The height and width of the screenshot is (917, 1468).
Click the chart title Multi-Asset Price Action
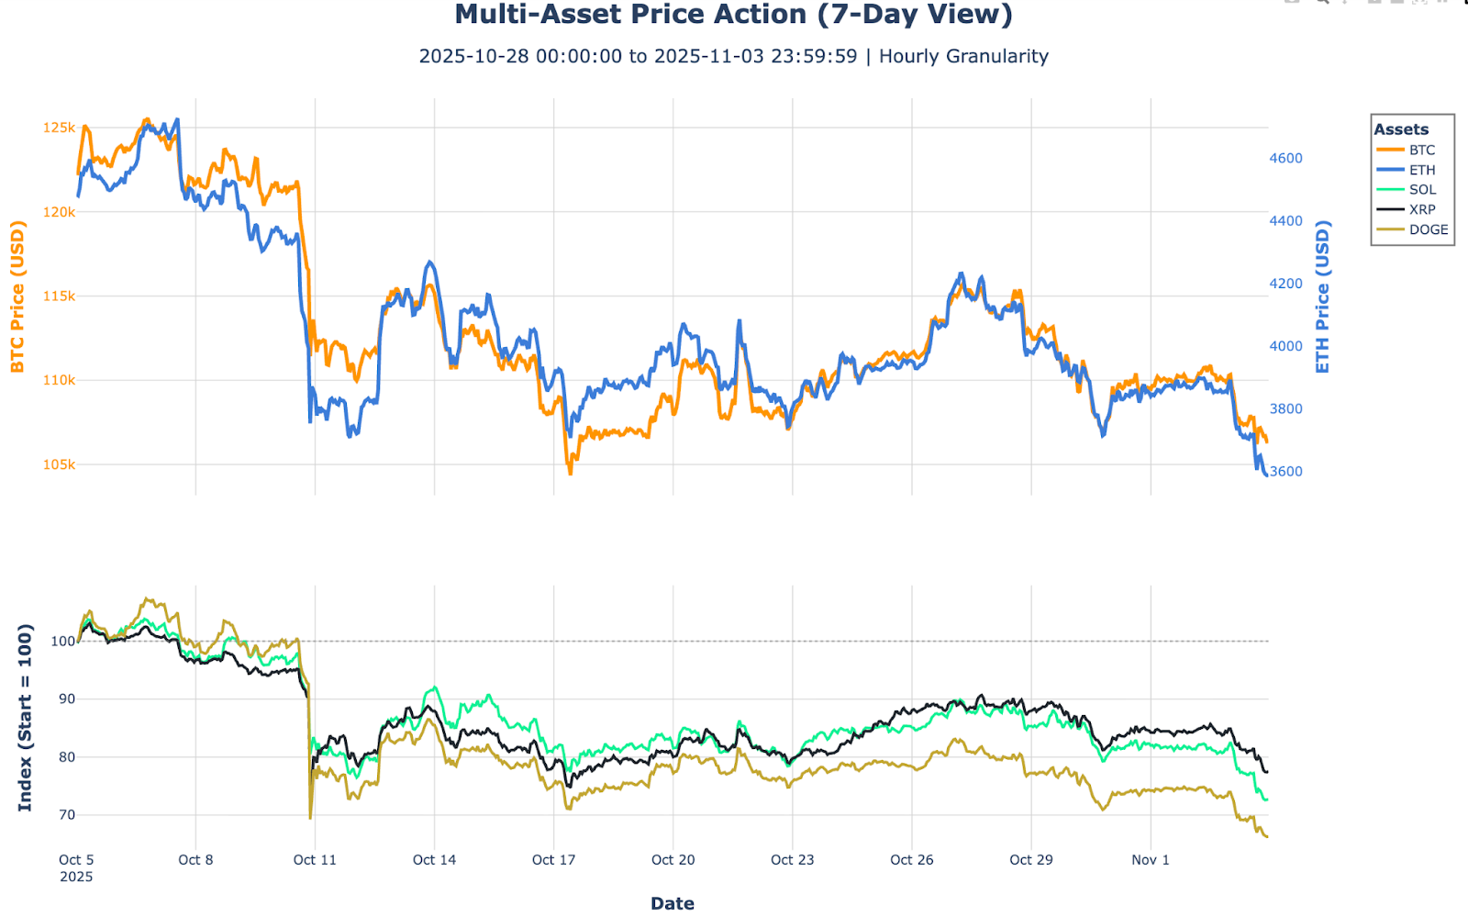point(733,15)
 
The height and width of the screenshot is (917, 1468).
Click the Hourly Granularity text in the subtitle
point(963,56)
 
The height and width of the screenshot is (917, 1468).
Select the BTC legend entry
point(1421,150)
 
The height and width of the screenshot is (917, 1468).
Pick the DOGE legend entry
point(1428,229)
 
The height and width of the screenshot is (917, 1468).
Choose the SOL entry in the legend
point(1422,190)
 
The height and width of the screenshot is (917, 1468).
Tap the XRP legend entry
point(1422,209)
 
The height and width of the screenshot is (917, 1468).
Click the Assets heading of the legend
point(1401,129)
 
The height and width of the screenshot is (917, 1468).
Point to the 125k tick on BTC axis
point(59,128)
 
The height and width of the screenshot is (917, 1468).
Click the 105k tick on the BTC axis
point(59,464)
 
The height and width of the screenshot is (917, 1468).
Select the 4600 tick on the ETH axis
point(1285,158)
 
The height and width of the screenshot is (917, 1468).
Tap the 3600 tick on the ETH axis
point(1285,471)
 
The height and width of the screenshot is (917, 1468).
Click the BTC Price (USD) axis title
point(17,296)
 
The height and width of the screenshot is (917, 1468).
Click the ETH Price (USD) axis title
point(1322,296)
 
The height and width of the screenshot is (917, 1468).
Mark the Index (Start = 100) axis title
point(25,717)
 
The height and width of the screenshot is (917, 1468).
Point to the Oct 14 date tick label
point(434,860)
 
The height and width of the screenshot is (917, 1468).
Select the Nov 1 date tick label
point(1151,860)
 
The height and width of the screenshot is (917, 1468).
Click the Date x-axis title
point(672,903)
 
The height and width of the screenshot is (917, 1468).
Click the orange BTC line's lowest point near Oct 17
point(570,474)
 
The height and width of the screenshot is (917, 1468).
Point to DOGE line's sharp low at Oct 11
point(310,817)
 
